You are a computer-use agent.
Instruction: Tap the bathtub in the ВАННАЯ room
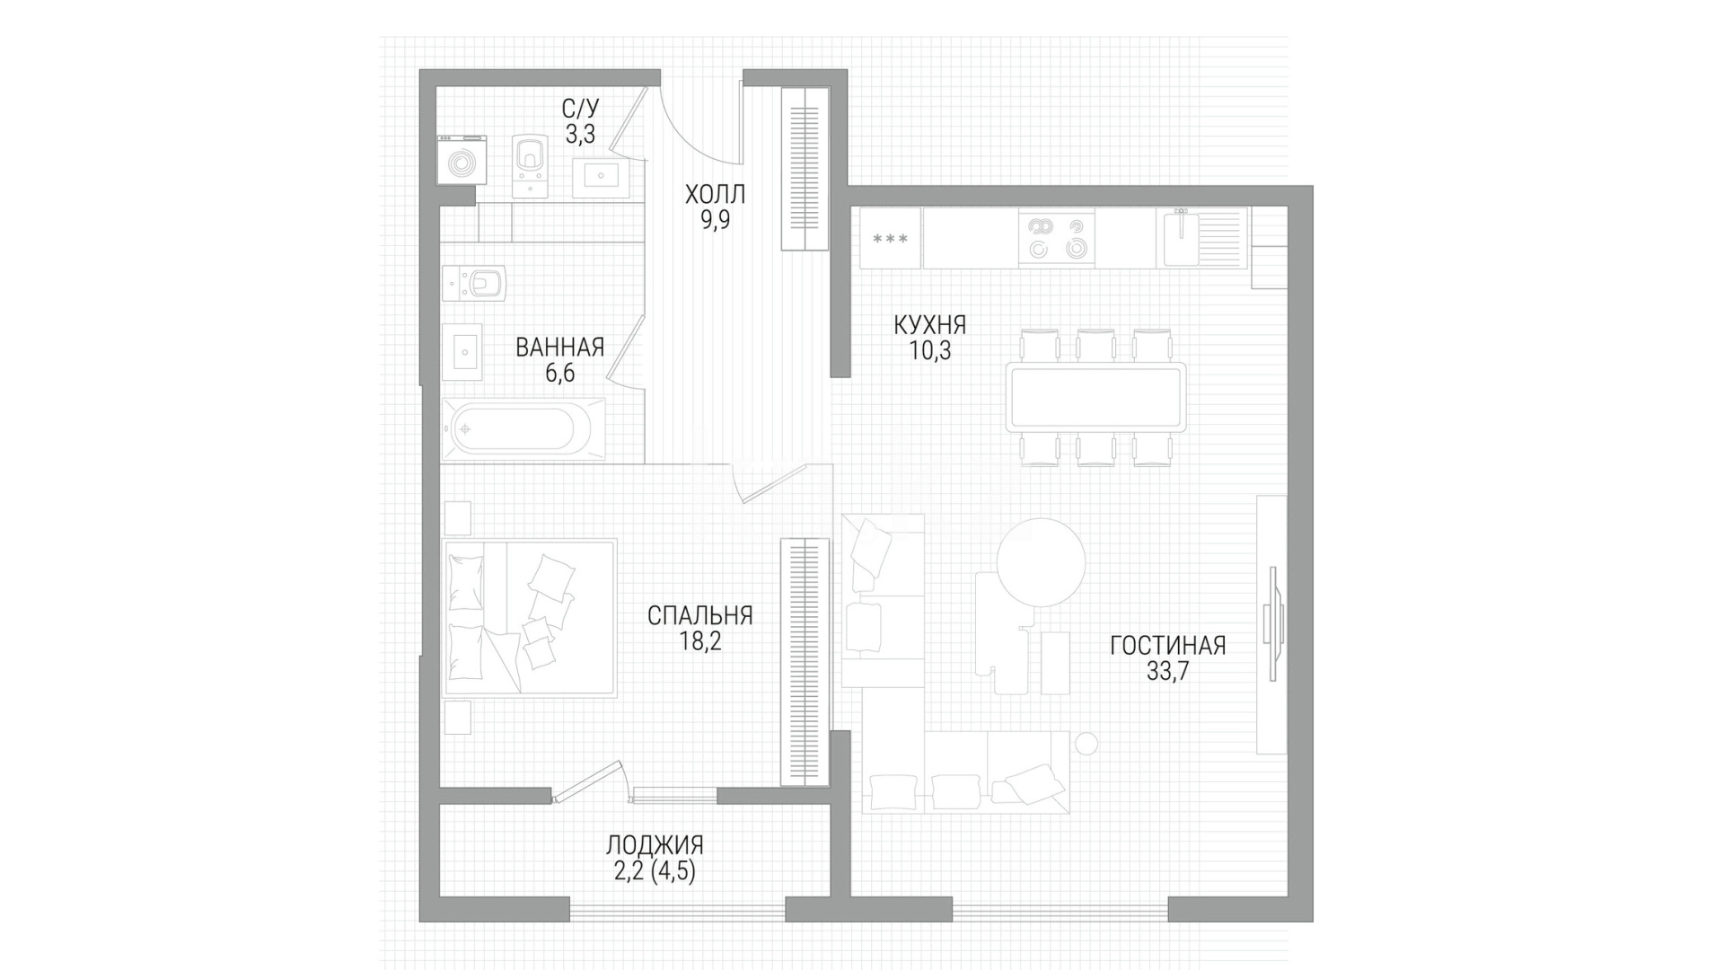(523, 429)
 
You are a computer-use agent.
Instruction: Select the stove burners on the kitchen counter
(1057, 238)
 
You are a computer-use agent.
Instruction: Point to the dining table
(1096, 397)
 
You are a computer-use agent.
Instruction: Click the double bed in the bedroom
(530, 617)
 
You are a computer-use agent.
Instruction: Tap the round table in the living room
(1042, 562)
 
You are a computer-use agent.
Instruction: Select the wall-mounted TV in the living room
(1274, 621)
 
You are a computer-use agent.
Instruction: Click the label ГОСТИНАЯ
(1167, 646)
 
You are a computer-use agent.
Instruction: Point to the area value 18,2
(700, 641)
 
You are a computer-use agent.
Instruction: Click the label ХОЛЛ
(715, 194)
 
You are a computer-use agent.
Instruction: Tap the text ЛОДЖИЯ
(655, 845)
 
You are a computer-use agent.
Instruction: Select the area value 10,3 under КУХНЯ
(930, 349)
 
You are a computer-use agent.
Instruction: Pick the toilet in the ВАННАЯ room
(475, 284)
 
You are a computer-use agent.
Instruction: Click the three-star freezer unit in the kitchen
(891, 238)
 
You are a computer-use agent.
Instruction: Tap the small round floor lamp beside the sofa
(1086, 744)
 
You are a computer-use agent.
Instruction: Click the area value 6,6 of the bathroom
(559, 373)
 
